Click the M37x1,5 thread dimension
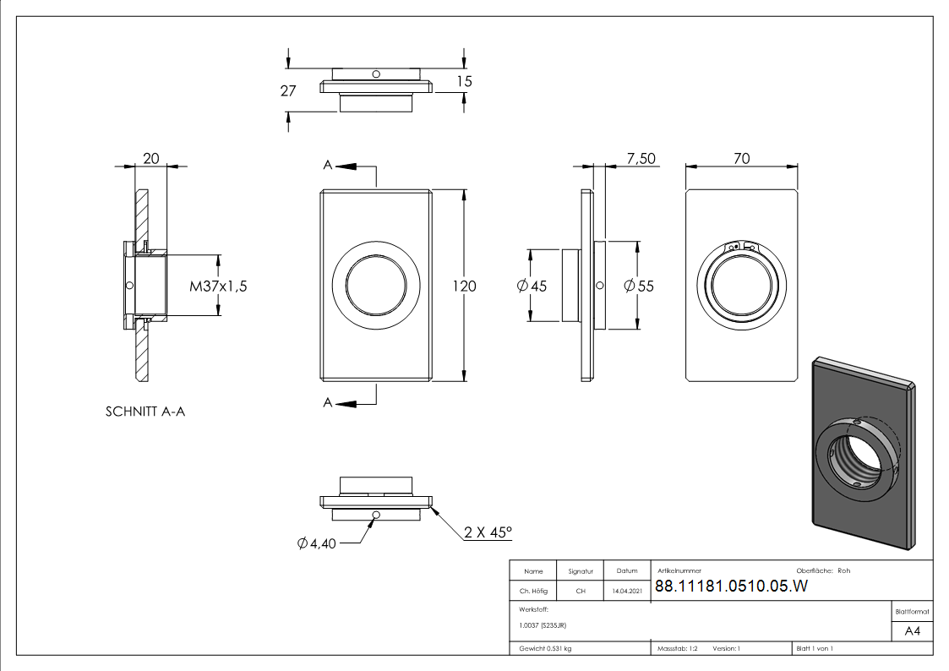pos(218,286)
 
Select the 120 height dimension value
pos(464,286)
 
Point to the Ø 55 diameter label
pos(638,286)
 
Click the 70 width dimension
pos(742,158)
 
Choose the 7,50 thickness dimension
pos(641,158)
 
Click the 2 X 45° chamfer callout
pos(488,532)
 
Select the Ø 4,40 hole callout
pos(317,543)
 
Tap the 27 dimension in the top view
pos(288,91)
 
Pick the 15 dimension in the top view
pos(463,81)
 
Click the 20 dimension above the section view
pos(151,158)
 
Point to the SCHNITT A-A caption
pos(145,412)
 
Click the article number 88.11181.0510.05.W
pos(731,588)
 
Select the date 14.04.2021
pos(626,592)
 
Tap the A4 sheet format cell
pos(912,631)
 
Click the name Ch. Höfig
pos(532,592)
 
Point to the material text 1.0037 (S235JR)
pos(543,625)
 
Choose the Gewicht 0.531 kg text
pos(545,649)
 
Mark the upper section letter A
pos(327,166)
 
